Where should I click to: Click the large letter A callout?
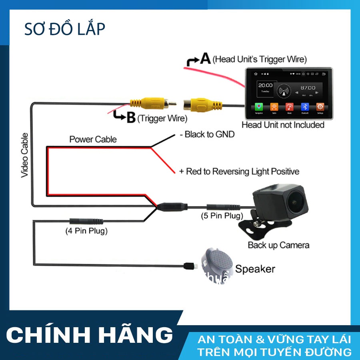click(x=205, y=59)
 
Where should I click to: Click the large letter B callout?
click(x=131, y=118)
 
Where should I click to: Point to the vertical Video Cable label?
click(x=24, y=155)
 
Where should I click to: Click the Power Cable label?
click(x=93, y=139)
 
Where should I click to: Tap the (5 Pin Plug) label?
click(x=222, y=216)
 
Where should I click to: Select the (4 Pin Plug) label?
click(x=86, y=231)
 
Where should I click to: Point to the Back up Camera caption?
click(x=278, y=245)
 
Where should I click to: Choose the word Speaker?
click(x=255, y=269)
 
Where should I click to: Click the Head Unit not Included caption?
click(x=283, y=125)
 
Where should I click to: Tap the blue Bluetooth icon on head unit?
click(x=305, y=107)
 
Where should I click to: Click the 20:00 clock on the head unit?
click(x=266, y=86)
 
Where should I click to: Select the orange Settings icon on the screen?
click(x=320, y=107)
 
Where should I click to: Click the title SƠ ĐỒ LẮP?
click(x=64, y=29)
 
